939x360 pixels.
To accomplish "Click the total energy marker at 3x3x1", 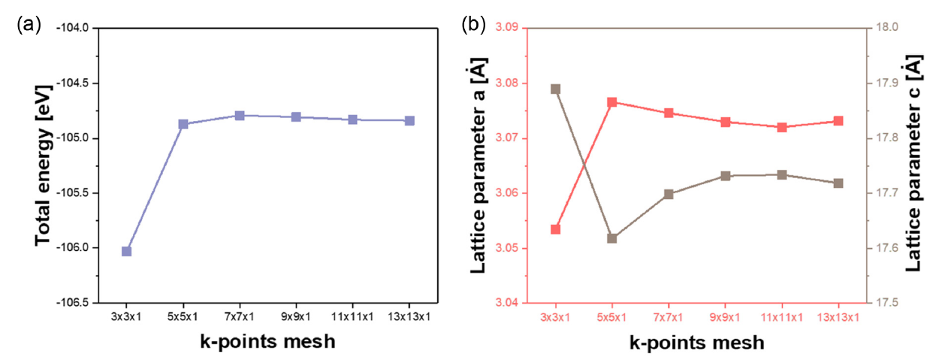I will tap(126, 251).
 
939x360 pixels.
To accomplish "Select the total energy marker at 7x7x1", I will tap(240, 116).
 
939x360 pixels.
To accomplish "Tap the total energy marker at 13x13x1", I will tap(409, 120).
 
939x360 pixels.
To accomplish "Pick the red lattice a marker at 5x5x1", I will tap(612, 102).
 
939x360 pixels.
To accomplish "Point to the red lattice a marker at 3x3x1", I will tap(556, 229).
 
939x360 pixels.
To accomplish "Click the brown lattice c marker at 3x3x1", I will tap(556, 89).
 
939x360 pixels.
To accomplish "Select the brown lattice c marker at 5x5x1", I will tap(612, 238).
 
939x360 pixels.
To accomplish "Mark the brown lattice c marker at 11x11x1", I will tap(782, 175).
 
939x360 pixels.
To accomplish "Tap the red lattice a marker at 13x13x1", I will tap(838, 121).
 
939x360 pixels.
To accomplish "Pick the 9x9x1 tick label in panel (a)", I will tap(296, 316).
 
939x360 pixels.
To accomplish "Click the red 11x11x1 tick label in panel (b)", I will tap(782, 316).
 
